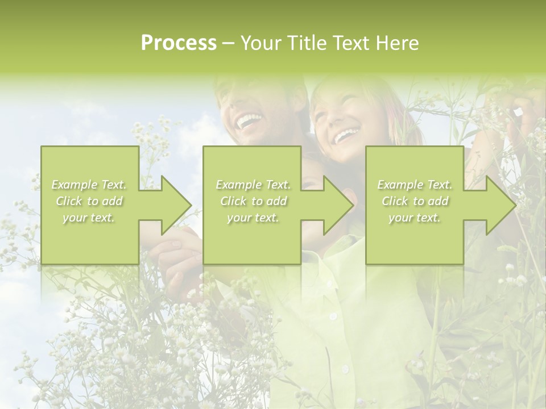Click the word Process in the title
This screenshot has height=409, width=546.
click(179, 43)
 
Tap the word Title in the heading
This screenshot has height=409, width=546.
click(305, 43)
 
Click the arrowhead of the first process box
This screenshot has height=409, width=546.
click(173, 204)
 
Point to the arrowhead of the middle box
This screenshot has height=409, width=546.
click(336, 204)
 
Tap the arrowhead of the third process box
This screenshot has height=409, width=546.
click(499, 204)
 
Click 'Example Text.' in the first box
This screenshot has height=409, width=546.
click(89, 185)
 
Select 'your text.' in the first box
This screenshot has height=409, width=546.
click(89, 218)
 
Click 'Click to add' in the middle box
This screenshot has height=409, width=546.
click(253, 201)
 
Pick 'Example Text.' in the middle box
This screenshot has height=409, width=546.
click(253, 185)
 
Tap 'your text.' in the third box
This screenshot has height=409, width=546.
click(415, 218)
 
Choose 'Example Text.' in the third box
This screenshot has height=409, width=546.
click(415, 185)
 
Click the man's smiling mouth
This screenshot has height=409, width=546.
click(249, 120)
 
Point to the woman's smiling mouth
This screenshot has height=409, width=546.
click(346, 135)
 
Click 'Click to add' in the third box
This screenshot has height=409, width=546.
click(415, 201)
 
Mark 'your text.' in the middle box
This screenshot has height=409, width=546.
click(253, 218)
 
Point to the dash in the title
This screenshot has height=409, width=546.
click(229, 44)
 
